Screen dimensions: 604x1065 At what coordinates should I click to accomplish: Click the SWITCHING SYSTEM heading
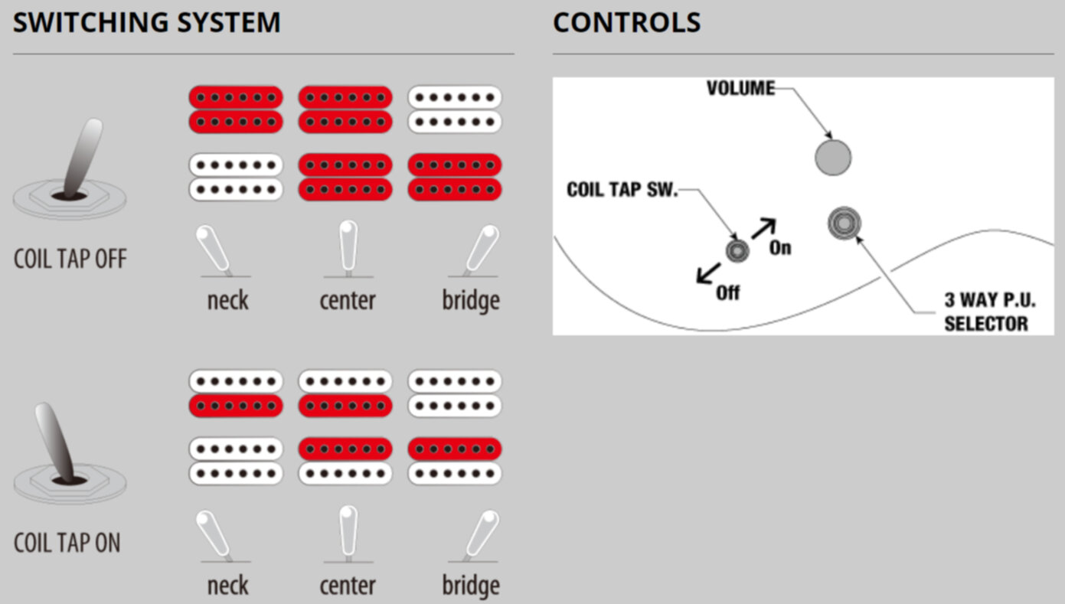coord(146,22)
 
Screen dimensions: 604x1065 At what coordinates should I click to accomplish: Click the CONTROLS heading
coord(626,22)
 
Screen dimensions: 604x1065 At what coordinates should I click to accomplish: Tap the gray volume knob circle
coord(832,158)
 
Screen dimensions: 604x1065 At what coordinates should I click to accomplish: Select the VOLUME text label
coord(740,88)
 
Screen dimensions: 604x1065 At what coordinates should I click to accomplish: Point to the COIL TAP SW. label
coord(622,189)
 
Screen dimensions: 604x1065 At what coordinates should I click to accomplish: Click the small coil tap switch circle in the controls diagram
coord(737,250)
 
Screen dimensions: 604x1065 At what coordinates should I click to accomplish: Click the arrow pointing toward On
coord(763,228)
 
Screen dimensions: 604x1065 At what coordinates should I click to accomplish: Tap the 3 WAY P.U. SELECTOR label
coord(985,312)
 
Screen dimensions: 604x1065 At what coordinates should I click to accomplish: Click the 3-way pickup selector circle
coord(844,224)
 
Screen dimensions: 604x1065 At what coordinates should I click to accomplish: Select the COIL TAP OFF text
coord(70,259)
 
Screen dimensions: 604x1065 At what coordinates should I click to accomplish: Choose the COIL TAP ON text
coord(67,543)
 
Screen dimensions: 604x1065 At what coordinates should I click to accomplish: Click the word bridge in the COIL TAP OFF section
coord(470,300)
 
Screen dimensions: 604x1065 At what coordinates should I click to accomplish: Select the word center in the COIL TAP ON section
coord(347,586)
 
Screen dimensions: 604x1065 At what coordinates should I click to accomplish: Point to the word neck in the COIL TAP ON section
coord(227,586)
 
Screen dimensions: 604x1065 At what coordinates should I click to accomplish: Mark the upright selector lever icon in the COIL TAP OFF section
coord(348,246)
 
